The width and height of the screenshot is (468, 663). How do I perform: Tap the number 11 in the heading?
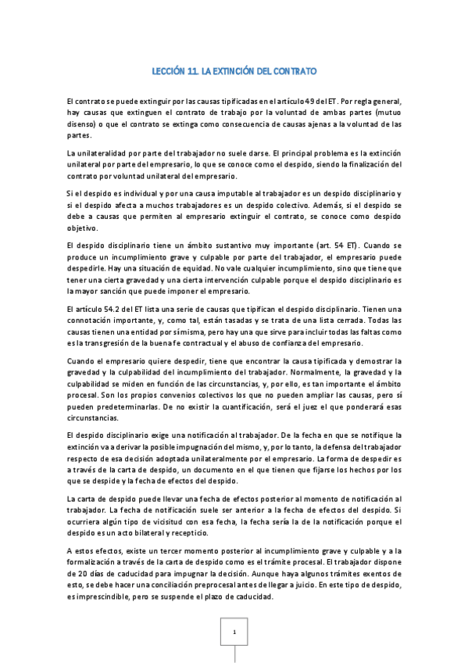[x=191, y=71]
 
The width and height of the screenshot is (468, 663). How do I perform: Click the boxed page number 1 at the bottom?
[x=234, y=631]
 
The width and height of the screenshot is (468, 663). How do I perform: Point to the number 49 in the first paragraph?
[x=313, y=102]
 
